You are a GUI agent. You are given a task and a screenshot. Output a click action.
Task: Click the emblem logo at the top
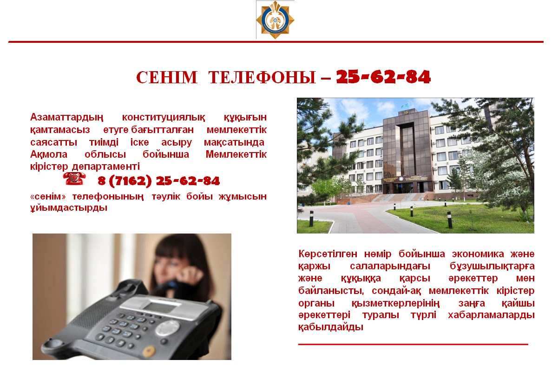pos(275,20)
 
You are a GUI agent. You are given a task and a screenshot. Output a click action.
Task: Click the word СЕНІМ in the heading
pos(167,77)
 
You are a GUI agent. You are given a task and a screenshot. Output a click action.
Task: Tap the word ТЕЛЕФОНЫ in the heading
pos(263,77)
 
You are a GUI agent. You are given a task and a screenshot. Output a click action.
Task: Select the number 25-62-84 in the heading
pos(383,77)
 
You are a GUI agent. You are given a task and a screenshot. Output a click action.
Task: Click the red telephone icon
pos(74,179)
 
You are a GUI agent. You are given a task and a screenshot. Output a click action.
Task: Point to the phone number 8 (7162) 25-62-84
pos(159,181)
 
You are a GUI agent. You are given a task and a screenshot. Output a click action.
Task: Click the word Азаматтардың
pos(66,117)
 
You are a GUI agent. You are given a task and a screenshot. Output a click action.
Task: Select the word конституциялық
pos(164,117)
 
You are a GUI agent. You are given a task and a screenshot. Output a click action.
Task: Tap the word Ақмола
pos(49,154)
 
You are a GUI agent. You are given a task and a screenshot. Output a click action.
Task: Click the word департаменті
pos(106,167)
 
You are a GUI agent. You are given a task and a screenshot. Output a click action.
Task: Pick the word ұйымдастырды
pos(69,207)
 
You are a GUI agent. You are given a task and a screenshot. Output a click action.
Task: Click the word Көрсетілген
pos(328,254)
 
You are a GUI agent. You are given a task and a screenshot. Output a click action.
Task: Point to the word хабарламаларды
pos(491,315)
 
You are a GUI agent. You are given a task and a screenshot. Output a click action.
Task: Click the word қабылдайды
pos(331,327)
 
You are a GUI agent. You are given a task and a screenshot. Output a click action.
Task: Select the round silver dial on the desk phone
pos(168,328)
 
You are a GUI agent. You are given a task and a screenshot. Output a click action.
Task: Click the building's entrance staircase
pos(399,198)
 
